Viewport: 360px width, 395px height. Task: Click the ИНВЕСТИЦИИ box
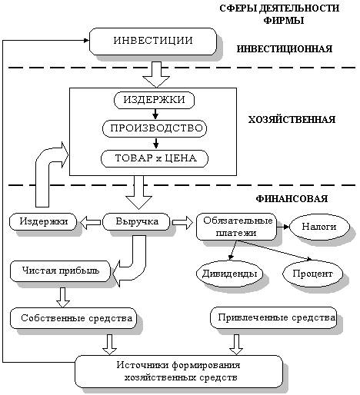click(153, 41)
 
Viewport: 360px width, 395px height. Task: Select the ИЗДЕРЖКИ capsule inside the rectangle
click(154, 100)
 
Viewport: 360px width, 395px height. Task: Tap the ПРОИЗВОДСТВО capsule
click(155, 128)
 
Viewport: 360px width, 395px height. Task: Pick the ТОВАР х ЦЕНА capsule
click(155, 158)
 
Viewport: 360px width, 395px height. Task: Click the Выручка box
click(136, 221)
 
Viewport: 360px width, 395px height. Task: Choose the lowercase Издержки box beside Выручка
click(43, 221)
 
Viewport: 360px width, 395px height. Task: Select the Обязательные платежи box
click(236, 227)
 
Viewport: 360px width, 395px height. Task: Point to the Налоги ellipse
click(319, 227)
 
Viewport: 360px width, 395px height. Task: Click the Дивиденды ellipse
click(230, 274)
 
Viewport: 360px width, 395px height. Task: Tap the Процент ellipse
click(312, 274)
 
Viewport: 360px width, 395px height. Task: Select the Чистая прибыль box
click(60, 271)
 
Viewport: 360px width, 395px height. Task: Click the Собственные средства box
click(73, 318)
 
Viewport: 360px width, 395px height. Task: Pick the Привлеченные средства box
click(273, 317)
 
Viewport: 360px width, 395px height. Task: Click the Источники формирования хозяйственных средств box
click(178, 371)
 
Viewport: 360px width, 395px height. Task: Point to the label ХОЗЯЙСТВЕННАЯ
click(292, 120)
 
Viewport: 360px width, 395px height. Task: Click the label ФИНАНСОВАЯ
click(292, 199)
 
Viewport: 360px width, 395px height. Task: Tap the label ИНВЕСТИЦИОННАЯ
click(285, 49)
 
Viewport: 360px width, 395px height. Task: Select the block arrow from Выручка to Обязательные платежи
click(182, 222)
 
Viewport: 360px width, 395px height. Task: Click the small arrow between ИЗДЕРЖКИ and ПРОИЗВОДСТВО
click(155, 115)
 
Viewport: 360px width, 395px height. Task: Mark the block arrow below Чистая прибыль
click(63, 297)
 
